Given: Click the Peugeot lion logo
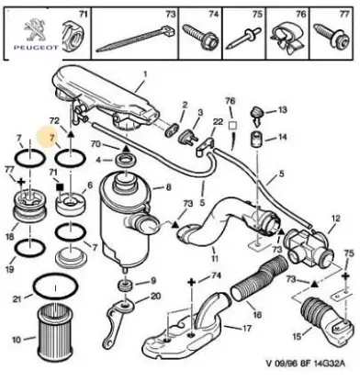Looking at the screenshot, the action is click(x=36, y=29).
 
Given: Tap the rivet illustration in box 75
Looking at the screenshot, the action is click(x=244, y=39).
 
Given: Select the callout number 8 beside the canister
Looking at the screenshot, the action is click(x=168, y=187).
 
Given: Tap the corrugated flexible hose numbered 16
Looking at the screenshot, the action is click(x=259, y=279).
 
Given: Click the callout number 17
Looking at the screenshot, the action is click(x=246, y=329).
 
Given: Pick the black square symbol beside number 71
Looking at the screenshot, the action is click(x=60, y=186).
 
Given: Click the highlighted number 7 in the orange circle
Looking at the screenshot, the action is click(x=52, y=138).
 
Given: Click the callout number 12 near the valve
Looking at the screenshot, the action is click(x=336, y=219).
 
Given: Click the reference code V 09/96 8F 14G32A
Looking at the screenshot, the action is click(x=306, y=364).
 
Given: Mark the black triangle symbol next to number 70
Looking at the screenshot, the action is click(x=126, y=149).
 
